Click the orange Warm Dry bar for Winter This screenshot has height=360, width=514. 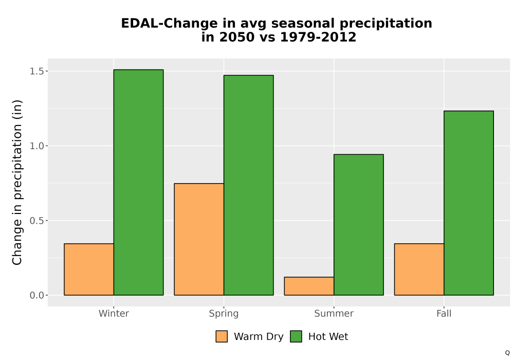click(89, 269)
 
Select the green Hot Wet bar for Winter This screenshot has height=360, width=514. click(138, 182)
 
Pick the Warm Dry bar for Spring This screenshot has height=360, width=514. click(199, 239)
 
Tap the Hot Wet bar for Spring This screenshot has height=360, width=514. click(248, 185)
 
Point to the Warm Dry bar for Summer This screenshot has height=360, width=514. click(309, 286)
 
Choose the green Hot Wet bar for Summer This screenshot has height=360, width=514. click(359, 225)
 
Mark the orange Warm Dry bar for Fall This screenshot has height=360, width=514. click(419, 269)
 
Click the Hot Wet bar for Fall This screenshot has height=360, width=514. click(469, 203)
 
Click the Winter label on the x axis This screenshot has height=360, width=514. click(114, 313)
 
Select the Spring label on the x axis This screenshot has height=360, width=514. click(224, 314)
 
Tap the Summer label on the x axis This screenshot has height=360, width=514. click(334, 313)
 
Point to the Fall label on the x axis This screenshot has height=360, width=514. click(444, 313)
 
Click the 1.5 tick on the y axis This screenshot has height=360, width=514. click(36, 71)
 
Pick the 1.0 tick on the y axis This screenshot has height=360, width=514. click(36, 146)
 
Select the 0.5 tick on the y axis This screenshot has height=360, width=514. click(36, 221)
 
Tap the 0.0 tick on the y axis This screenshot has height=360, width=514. click(36, 295)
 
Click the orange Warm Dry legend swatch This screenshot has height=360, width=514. click(222, 336)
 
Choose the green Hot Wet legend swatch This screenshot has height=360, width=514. click(296, 336)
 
